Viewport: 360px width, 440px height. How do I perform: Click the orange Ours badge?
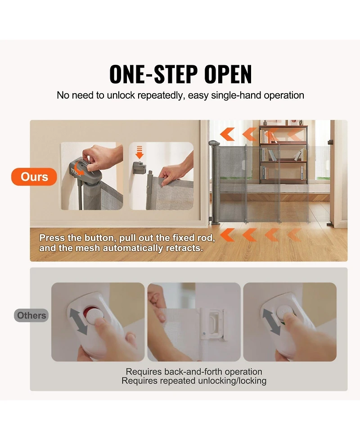point(34,177)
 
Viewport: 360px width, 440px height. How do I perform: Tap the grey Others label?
point(31,315)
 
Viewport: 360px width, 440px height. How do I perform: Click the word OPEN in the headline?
point(228,74)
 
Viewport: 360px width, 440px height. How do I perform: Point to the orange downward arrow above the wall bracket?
point(139,152)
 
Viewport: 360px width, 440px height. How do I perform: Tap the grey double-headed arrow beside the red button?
point(78,321)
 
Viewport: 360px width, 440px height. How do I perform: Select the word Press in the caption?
point(52,238)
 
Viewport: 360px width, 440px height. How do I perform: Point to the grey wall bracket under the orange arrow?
point(139,168)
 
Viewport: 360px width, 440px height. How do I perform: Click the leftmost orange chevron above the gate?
point(227,134)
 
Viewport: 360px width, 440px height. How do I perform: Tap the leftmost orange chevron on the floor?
point(227,235)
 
